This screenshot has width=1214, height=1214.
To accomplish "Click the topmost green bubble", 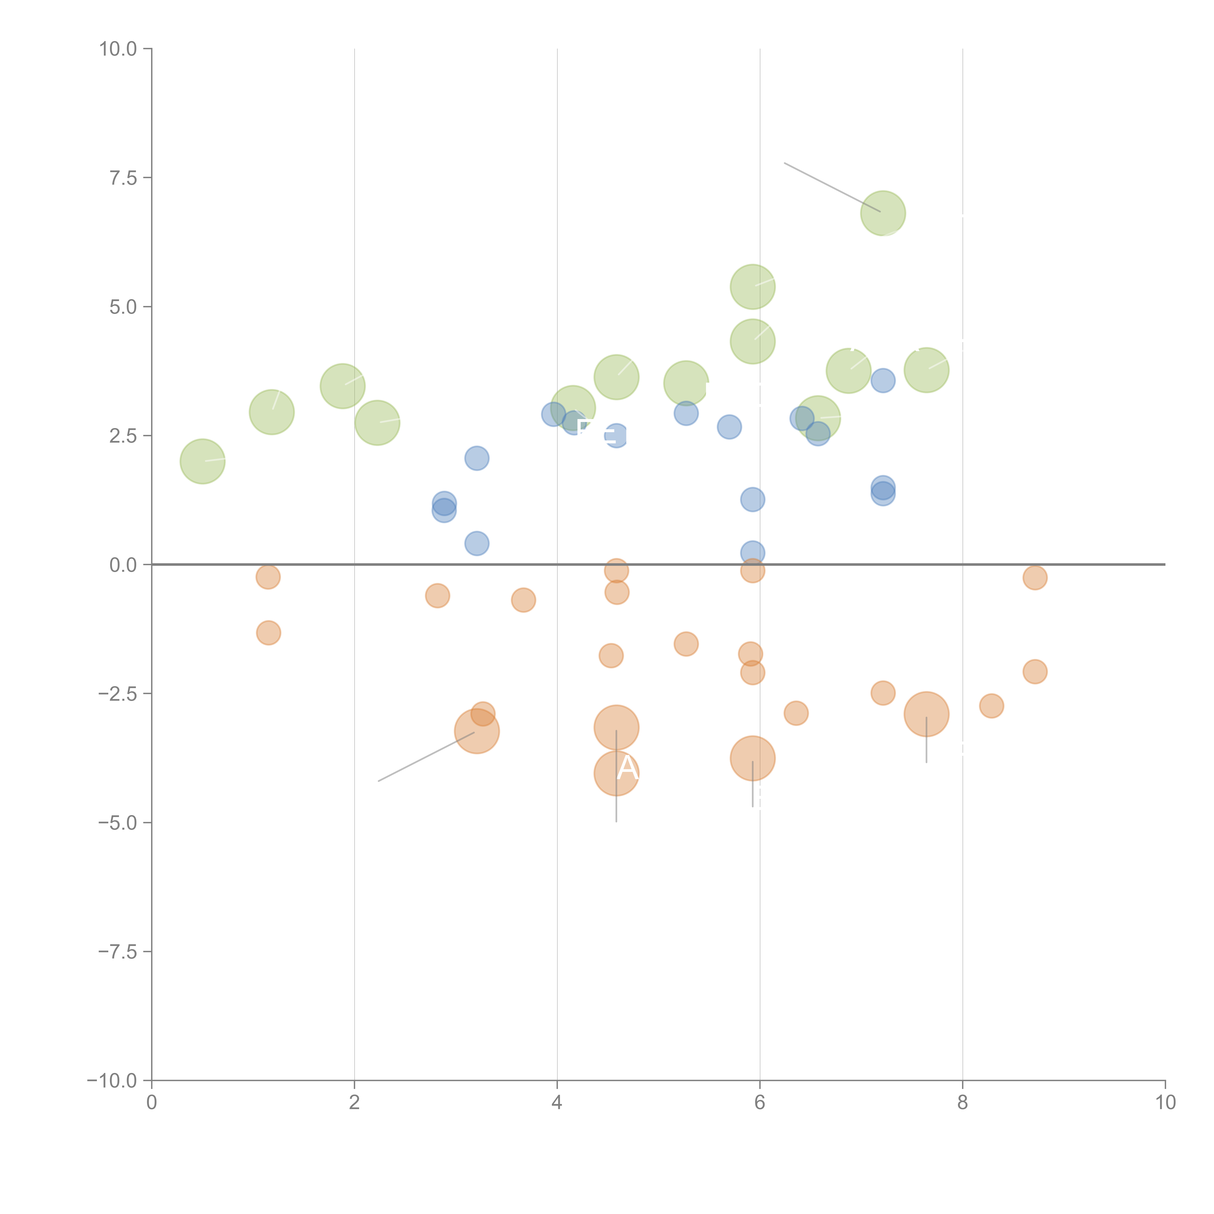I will [x=883, y=213].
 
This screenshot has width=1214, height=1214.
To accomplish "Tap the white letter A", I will [x=627, y=768].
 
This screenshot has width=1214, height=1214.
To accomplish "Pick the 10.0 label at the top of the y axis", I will [x=118, y=49].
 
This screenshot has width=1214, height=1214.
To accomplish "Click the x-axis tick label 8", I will [x=963, y=1103].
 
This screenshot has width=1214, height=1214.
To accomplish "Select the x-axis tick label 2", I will [x=354, y=1103].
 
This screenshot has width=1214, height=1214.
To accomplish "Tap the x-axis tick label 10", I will [x=1165, y=1103].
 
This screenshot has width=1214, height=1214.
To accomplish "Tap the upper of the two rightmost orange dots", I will [x=1035, y=577].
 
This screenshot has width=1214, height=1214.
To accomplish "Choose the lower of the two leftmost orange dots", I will [x=268, y=633].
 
